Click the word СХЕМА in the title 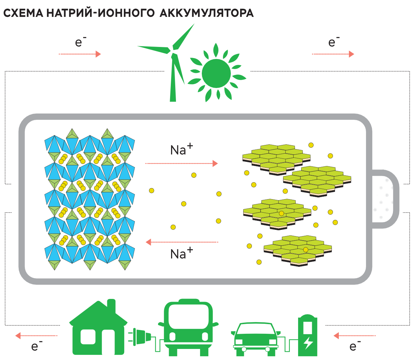(23, 13)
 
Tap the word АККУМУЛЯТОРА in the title (207, 13)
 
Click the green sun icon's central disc (216, 73)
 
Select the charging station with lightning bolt (307, 335)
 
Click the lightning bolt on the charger (308, 343)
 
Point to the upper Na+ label (181, 149)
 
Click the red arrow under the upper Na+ (181, 163)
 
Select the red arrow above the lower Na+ (182, 242)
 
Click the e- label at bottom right (354, 346)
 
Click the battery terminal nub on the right (384, 199)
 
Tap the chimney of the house (111, 305)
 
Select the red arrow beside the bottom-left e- (36, 335)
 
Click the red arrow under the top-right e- (333, 54)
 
